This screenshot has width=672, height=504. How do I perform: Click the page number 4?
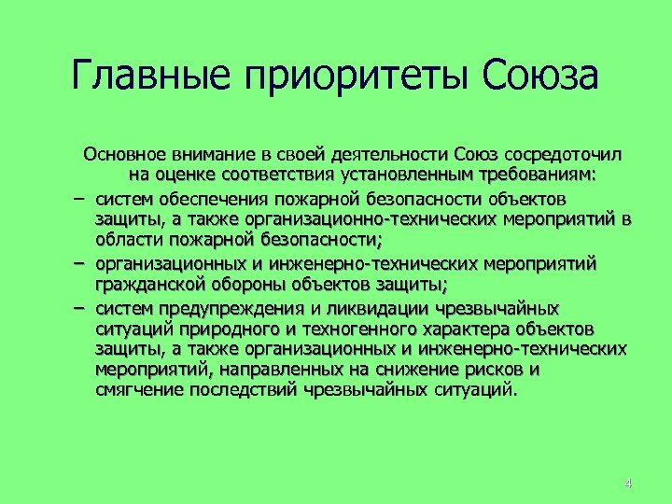627,483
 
